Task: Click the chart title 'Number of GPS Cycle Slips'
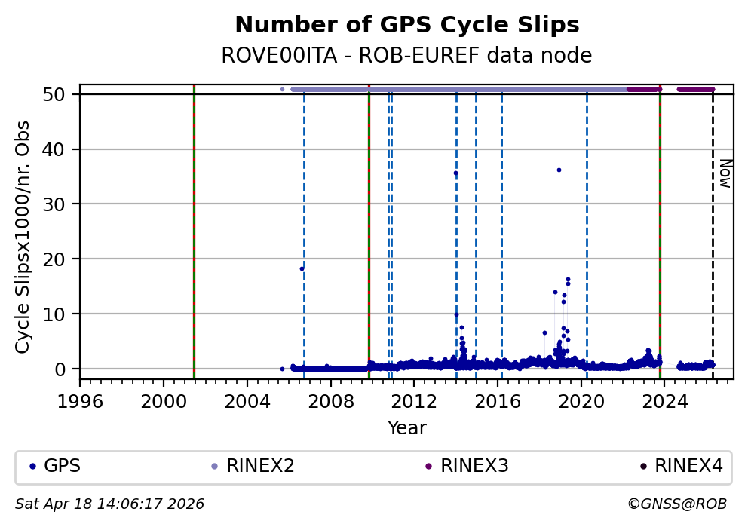[407, 25]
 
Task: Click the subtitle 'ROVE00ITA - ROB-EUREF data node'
[406, 56]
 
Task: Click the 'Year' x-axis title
[407, 428]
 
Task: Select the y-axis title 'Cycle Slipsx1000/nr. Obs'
[23, 237]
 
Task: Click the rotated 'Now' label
[725, 173]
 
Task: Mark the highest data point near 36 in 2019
[559, 170]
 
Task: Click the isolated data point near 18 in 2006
[302, 268]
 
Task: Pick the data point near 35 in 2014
[455, 173]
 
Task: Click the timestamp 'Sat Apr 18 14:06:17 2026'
[110, 504]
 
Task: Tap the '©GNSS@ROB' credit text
[676, 504]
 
